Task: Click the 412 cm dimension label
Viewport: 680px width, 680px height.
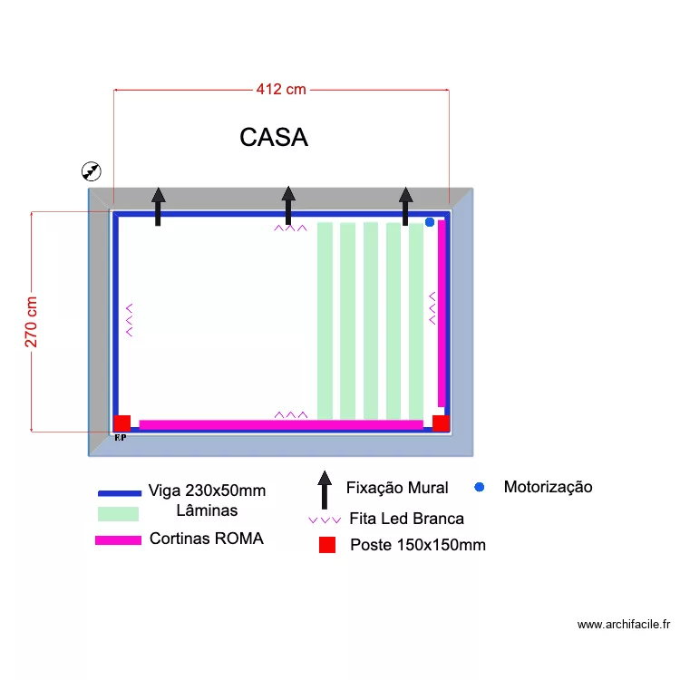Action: [281, 89]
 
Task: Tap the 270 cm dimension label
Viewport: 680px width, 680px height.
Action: [32, 322]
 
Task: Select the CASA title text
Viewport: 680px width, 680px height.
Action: [274, 137]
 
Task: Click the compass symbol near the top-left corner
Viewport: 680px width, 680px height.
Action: [92, 170]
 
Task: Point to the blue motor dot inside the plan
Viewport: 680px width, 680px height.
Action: [430, 222]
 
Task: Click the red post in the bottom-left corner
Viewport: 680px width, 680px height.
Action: [122, 423]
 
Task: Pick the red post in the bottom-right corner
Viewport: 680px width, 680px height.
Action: [441, 423]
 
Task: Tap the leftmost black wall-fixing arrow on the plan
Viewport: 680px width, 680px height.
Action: [159, 206]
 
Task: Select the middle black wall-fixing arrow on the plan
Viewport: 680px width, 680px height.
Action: [288, 205]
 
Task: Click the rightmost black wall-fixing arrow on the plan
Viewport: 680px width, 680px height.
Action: [406, 206]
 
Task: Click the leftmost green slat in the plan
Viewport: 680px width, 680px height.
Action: [325, 320]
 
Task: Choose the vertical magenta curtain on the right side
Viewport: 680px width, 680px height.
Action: [442, 313]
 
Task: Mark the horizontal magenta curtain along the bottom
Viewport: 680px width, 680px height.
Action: [281, 423]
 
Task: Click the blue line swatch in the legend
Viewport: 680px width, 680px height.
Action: [120, 493]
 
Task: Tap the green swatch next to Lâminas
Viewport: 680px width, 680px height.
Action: [118, 514]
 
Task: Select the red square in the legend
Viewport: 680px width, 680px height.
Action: [327, 545]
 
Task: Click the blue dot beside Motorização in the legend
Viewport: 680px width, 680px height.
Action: [480, 487]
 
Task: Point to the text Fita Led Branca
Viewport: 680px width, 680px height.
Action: [406, 519]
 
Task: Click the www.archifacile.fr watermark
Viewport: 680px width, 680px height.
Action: [623, 624]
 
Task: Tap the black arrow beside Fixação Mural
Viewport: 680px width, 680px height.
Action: [324, 491]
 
